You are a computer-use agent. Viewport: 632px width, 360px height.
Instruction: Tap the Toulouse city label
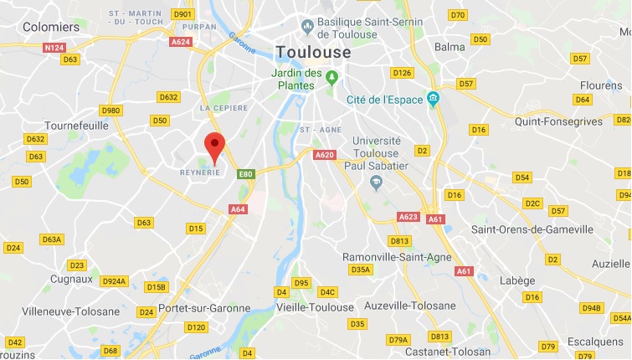coord(314,51)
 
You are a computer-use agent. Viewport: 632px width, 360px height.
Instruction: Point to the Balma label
coord(450,47)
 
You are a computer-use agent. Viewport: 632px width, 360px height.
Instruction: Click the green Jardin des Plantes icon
coord(332,79)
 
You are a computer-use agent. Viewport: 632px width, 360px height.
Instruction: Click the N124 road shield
coord(54,48)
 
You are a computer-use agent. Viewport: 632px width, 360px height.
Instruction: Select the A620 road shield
coord(325,155)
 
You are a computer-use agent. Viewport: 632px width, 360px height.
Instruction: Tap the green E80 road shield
coord(244,174)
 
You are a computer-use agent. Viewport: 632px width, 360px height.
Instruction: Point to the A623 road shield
coord(408,217)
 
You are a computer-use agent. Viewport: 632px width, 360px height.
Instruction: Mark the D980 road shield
coord(110,111)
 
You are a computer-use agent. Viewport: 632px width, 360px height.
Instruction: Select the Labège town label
coord(516,281)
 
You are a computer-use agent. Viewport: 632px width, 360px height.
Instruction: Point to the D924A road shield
coord(114,281)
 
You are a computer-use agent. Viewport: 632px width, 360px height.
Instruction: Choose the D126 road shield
coord(403,73)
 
